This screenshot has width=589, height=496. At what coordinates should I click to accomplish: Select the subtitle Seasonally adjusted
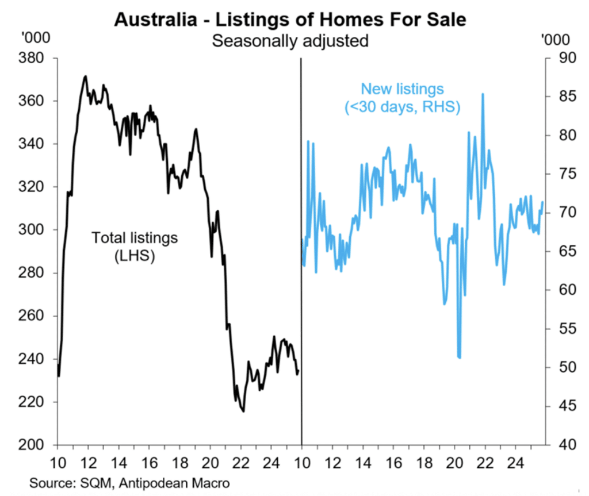pos(290,41)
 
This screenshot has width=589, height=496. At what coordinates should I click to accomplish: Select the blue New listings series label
pos(402,98)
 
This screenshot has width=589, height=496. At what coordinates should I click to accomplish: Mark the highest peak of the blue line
pos(483,94)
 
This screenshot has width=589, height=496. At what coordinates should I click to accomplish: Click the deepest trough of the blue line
pos(459,357)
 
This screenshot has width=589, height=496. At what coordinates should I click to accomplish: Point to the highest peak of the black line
pos(85,76)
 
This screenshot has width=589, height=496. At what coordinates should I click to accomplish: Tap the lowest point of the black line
pos(244,411)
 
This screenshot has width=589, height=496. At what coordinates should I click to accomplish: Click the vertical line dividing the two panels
pos(301,259)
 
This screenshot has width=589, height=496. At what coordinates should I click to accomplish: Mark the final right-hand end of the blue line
pos(543,202)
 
